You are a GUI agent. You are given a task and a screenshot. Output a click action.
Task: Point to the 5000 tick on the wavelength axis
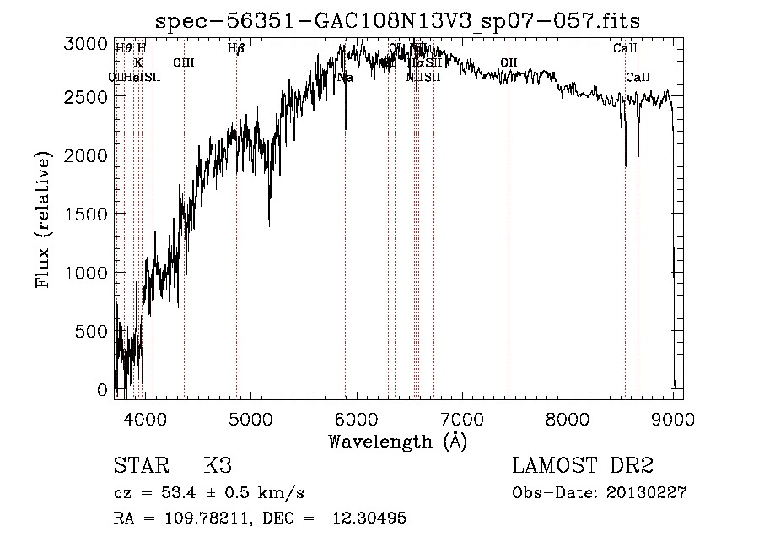pyautogui.click(x=250, y=415)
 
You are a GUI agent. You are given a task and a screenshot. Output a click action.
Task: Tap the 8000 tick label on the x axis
pyautogui.click(x=568, y=415)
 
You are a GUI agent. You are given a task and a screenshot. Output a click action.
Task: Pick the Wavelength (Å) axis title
pyautogui.click(x=397, y=441)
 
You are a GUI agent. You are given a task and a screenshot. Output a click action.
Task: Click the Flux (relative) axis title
pyautogui.click(x=43, y=220)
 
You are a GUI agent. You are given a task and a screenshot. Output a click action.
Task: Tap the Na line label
pyautogui.click(x=345, y=78)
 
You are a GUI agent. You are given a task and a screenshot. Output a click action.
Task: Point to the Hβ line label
pyautogui.click(x=236, y=49)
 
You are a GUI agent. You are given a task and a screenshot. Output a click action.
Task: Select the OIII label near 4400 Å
pyautogui.click(x=184, y=63)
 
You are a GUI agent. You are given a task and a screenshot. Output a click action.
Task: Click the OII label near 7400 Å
pyautogui.click(x=509, y=63)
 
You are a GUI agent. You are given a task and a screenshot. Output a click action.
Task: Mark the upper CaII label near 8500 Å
pyautogui.click(x=625, y=49)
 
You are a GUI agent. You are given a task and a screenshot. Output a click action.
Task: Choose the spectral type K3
pyautogui.click(x=218, y=466)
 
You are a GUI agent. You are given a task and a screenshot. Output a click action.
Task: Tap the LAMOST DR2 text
pyautogui.click(x=583, y=466)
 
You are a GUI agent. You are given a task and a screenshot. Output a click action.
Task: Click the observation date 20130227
pyautogui.click(x=645, y=493)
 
